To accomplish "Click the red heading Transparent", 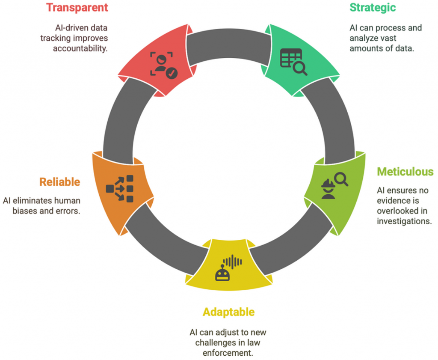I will click(x=77, y=7).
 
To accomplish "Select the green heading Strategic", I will click(x=373, y=7).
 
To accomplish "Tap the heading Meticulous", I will click(x=405, y=172).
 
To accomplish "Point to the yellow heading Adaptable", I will click(x=228, y=312).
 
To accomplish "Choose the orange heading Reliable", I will click(x=59, y=181).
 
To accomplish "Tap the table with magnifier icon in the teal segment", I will click(x=293, y=62).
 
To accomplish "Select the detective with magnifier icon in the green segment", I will click(x=334, y=185).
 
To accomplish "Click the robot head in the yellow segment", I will click(x=222, y=273).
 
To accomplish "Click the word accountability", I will click(x=80, y=48).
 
